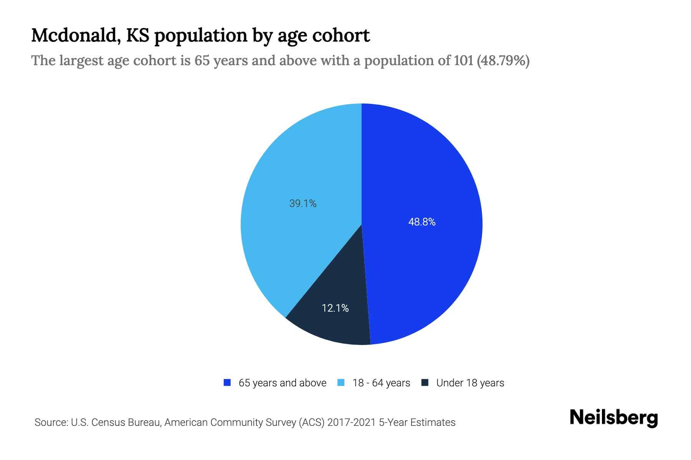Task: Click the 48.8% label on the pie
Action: pos(422,222)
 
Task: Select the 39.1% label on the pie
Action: pos(303,204)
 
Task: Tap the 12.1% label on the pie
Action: pos(335,308)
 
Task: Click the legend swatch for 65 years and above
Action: pos(227,383)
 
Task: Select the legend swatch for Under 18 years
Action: pos(425,383)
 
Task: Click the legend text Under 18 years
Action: pos(470,383)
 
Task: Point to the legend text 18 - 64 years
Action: pos(381,383)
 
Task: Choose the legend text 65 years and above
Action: pos(282,383)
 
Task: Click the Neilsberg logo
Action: pos(613,418)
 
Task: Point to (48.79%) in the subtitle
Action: pos(503,61)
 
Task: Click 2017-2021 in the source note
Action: pos(351,422)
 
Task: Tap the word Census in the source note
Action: pos(108,422)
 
